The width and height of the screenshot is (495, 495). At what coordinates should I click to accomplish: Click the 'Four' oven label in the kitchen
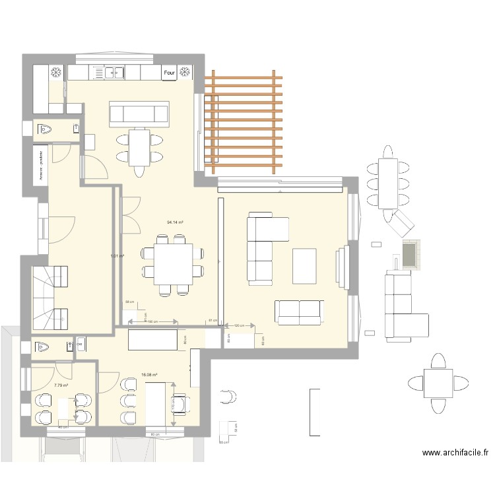(x=169, y=73)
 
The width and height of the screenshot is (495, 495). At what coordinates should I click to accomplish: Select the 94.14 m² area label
(x=175, y=222)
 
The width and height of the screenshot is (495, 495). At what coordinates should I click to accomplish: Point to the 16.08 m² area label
(x=149, y=375)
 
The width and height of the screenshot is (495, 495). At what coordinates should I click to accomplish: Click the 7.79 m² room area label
(x=61, y=385)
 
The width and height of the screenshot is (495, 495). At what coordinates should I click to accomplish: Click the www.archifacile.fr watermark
(x=455, y=453)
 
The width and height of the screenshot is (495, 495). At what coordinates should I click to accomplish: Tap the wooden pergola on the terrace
(x=243, y=122)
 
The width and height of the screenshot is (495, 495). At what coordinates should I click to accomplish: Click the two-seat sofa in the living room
(x=300, y=312)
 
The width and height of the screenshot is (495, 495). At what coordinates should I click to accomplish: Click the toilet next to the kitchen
(x=44, y=129)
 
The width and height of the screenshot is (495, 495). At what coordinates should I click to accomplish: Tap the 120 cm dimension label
(x=238, y=325)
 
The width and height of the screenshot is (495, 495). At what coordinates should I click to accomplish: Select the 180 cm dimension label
(x=152, y=322)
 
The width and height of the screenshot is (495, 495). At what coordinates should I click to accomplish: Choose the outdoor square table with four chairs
(x=438, y=383)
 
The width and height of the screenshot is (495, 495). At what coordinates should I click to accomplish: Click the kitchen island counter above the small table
(x=139, y=114)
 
